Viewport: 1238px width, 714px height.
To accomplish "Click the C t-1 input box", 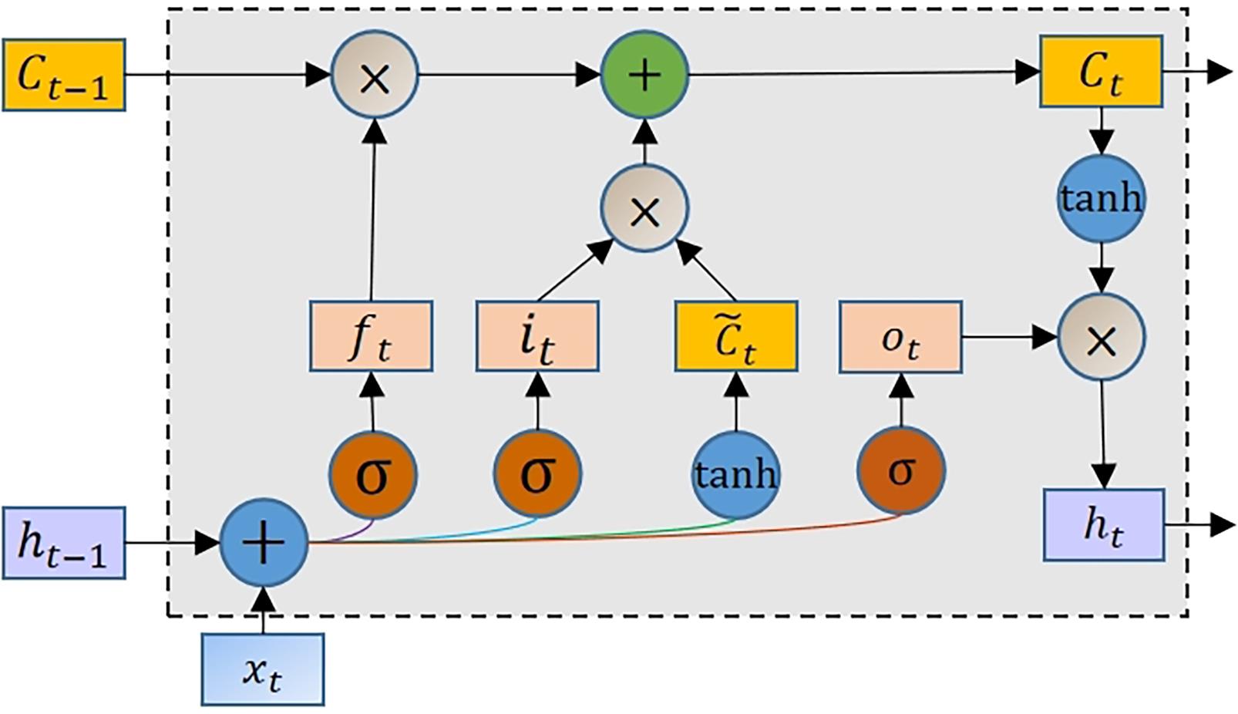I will [x=64, y=75].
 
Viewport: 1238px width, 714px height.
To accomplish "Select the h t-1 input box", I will [x=64, y=543].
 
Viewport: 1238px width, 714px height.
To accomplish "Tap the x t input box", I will [x=263, y=669].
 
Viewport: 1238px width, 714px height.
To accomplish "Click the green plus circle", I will [x=644, y=74].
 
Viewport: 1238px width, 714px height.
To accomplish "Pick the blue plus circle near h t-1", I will [x=264, y=543].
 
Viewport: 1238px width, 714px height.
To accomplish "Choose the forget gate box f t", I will [x=371, y=337].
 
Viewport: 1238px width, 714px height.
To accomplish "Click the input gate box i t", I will [x=537, y=337].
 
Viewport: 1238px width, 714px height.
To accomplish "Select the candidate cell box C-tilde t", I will [x=736, y=337].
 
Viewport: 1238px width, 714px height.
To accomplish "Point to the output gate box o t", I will [x=900, y=337].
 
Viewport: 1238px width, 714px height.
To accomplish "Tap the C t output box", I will [x=1101, y=71].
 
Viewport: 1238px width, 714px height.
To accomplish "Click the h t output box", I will [x=1104, y=524].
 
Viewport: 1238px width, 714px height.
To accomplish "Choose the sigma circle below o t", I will [x=900, y=471].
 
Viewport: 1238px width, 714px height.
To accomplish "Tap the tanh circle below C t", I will [x=1101, y=198].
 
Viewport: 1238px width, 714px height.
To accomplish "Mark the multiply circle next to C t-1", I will [x=375, y=75].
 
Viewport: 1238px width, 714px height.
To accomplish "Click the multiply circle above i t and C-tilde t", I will [x=644, y=209].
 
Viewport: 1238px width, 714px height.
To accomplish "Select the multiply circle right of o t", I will [x=1102, y=338].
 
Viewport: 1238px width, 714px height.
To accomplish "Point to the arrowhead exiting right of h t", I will [x=1223, y=525].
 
